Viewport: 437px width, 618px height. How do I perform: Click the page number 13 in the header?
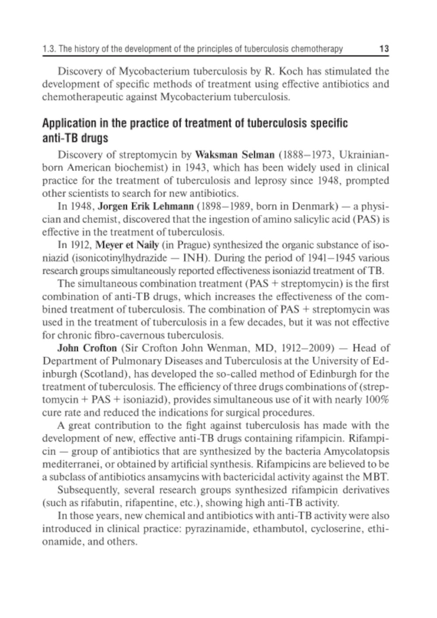pyautogui.click(x=384, y=49)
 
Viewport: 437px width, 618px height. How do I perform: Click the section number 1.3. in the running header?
pyautogui.click(x=49, y=49)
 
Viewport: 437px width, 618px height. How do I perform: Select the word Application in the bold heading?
pyautogui.click(x=68, y=124)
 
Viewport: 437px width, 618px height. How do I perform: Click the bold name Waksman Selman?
pyautogui.click(x=235, y=154)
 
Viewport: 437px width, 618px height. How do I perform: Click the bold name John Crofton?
pyautogui.click(x=87, y=348)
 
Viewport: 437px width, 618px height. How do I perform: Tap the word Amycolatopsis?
pyautogui.click(x=357, y=451)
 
